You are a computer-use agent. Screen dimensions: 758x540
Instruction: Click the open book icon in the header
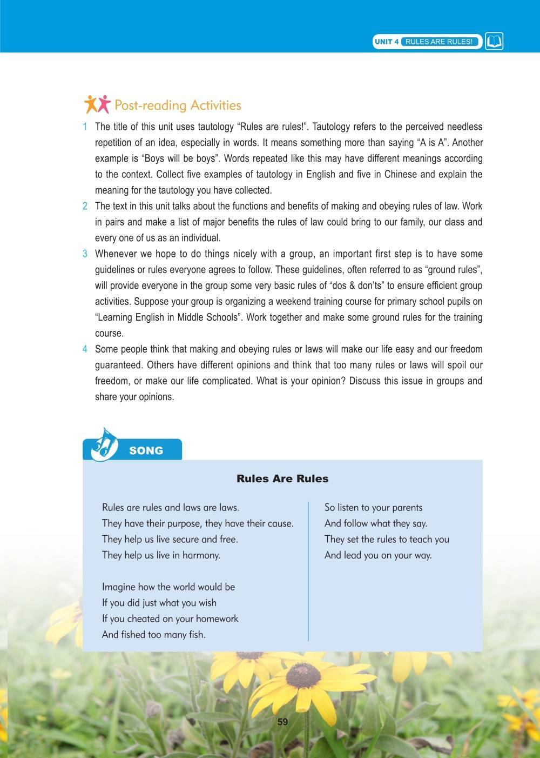click(x=494, y=42)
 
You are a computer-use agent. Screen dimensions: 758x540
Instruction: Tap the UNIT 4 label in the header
click(x=387, y=42)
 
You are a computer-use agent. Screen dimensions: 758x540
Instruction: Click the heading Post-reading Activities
click(x=178, y=105)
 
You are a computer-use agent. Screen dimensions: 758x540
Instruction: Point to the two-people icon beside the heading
click(x=97, y=104)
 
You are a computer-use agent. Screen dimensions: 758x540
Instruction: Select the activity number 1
click(x=85, y=127)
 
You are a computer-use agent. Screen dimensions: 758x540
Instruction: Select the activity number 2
click(x=85, y=206)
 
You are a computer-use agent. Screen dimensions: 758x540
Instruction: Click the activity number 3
click(x=85, y=254)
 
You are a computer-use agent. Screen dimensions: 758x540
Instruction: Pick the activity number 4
click(x=85, y=349)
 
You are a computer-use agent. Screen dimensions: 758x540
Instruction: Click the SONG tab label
click(x=146, y=450)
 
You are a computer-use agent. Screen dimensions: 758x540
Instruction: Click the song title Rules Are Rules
click(x=282, y=478)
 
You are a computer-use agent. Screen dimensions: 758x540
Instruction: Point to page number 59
click(x=282, y=722)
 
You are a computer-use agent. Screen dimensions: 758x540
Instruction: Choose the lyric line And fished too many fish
click(x=153, y=635)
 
